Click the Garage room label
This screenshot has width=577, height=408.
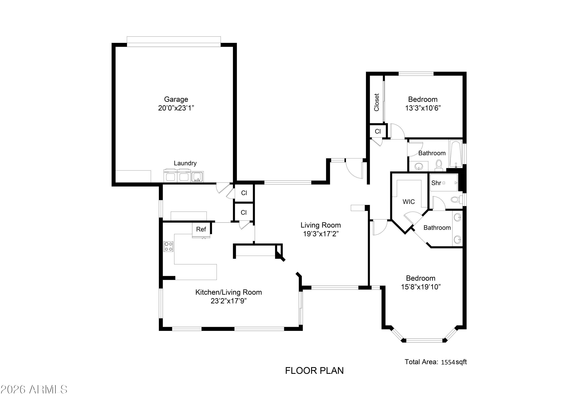176,99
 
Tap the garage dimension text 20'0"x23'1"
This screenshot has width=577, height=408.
176,108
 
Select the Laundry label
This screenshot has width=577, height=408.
185,163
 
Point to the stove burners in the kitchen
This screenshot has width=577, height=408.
168,246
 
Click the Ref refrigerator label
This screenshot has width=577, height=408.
201,229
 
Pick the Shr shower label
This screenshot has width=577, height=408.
436,183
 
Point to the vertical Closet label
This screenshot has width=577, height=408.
376,102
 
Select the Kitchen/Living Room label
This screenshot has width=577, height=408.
228,292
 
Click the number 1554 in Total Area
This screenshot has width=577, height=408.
448,362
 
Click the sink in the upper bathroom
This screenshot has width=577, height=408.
419,166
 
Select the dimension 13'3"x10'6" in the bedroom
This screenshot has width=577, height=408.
423,108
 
